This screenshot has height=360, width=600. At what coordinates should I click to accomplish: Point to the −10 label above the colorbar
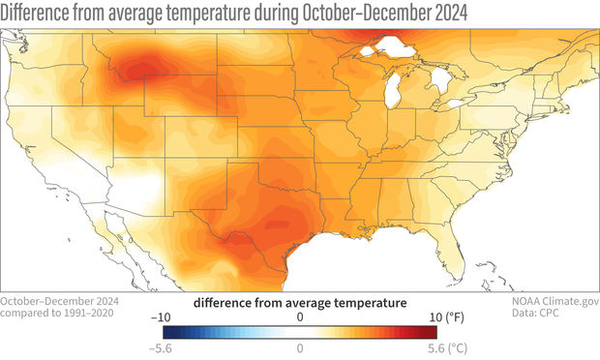tap(165, 316)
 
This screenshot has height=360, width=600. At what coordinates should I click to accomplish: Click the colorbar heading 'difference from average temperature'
tap(300, 302)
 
